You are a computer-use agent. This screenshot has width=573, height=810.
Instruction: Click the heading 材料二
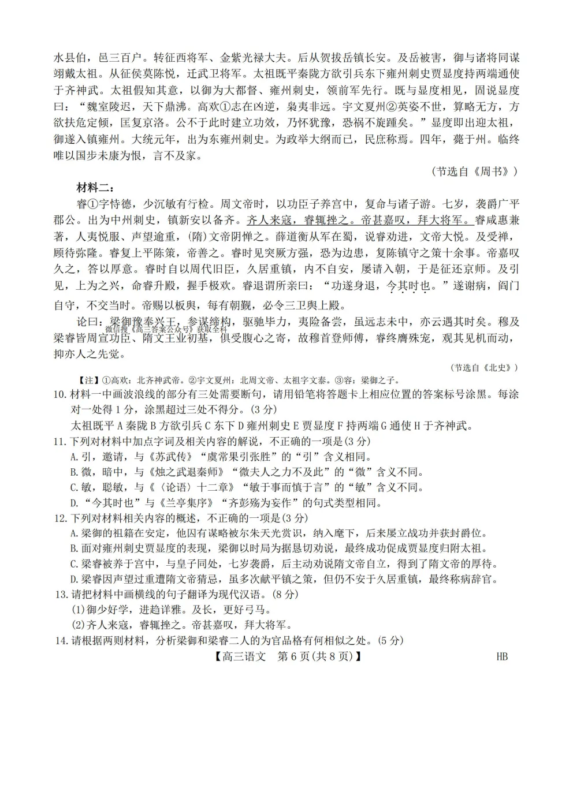point(95,188)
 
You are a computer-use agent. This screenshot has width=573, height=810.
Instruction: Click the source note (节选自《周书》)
point(474,172)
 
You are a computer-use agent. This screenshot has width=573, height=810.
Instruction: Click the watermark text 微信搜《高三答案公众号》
point(173,330)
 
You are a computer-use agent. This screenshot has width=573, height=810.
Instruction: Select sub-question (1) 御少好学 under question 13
point(170,610)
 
